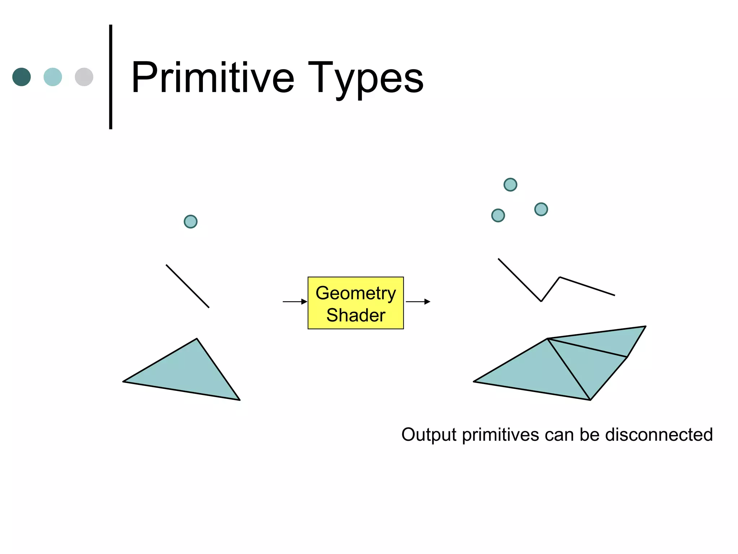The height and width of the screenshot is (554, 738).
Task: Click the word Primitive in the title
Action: [x=213, y=78]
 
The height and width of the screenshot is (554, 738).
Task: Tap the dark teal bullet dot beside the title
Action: [x=22, y=77]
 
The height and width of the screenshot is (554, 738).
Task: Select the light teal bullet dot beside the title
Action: [x=53, y=77]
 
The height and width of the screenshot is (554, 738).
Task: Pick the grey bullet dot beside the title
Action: [x=84, y=77]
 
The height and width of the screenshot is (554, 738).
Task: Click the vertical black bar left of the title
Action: [x=111, y=77]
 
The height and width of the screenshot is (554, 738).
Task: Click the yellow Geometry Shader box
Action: [x=356, y=303]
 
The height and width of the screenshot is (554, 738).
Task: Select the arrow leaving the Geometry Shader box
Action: [x=418, y=302]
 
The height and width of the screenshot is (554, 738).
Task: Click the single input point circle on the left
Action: [x=191, y=221]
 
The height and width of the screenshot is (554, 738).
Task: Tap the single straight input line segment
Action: [x=187, y=286]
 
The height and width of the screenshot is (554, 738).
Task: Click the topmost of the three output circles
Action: [x=510, y=185]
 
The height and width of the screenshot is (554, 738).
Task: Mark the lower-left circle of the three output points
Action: [x=498, y=215]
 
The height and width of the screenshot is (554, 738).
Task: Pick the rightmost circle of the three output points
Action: [x=541, y=209]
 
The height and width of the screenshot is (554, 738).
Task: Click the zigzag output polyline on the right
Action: [x=520, y=280]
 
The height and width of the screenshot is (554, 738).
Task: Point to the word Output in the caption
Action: [x=429, y=435]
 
